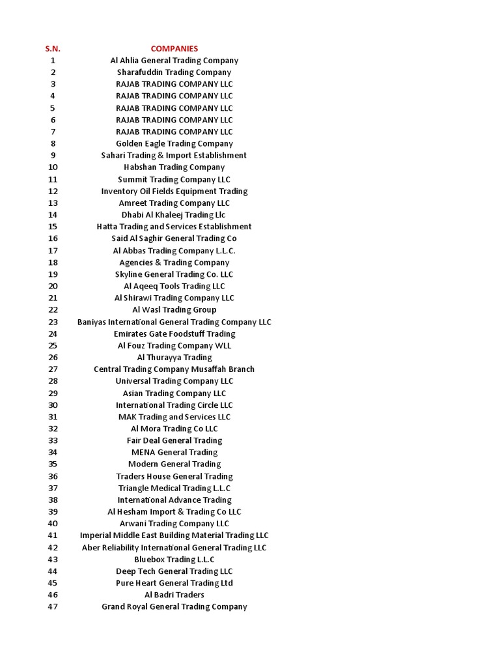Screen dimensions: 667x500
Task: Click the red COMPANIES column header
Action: pos(174,48)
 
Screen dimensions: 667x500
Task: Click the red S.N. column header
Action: pos(53,48)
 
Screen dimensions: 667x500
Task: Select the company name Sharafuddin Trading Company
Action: pos(174,72)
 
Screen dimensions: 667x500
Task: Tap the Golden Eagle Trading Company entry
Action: pos(174,143)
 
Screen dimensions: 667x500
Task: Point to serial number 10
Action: pos(53,167)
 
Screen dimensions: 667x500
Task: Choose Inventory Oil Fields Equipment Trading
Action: pos(174,191)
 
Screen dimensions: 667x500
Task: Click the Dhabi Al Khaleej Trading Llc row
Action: pos(174,215)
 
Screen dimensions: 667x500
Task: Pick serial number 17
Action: pos(53,251)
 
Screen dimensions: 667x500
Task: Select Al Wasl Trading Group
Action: pos(174,310)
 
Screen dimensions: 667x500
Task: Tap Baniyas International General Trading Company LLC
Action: pos(174,322)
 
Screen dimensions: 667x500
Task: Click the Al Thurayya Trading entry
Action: pos(174,358)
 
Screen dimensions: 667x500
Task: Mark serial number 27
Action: pos(53,369)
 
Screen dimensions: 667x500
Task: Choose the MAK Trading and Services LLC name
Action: pos(174,417)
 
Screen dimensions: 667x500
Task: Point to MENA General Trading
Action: pos(174,452)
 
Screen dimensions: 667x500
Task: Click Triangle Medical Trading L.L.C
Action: pos(174,488)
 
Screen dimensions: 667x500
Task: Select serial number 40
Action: pos(53,524)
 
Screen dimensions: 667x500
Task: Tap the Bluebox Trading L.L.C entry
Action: pos(174,560)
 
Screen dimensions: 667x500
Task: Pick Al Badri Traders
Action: pos(174,595)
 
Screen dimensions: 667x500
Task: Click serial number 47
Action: pos(53,606)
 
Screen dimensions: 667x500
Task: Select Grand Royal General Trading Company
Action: pos(174,606)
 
